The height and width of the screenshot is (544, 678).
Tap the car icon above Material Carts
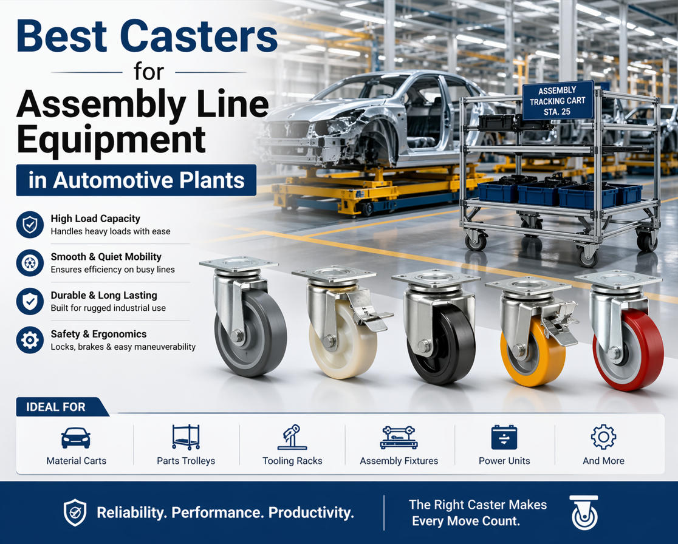pyautogui.click(x=76, y=438)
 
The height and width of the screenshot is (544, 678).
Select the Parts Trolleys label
pyautogui.click(x=186, y=461)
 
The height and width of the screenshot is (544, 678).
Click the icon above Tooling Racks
pyautogui.click(x=292, y=437)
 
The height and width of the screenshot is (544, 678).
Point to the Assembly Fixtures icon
pyautogui.click(x=399, y=437)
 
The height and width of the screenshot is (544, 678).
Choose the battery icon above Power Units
pyautogui.click(x=504, y=437)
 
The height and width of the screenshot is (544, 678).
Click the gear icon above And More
pyautogui.click(x=603, y=437)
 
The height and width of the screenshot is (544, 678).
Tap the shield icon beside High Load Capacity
pyautogui.click(x=30, y=225)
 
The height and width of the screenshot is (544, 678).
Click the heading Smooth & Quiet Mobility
pyautogui.click(x=106, y=257)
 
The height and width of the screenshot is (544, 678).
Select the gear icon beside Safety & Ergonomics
pyautogui.click(x=30, y=340)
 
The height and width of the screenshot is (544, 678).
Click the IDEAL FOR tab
pyautogui.click(x=56, y=407)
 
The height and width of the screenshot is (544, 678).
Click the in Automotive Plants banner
pyautogui.click(x=136, y=180)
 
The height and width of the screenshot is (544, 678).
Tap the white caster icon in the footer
pyautogui.click(x=584, y=512)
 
